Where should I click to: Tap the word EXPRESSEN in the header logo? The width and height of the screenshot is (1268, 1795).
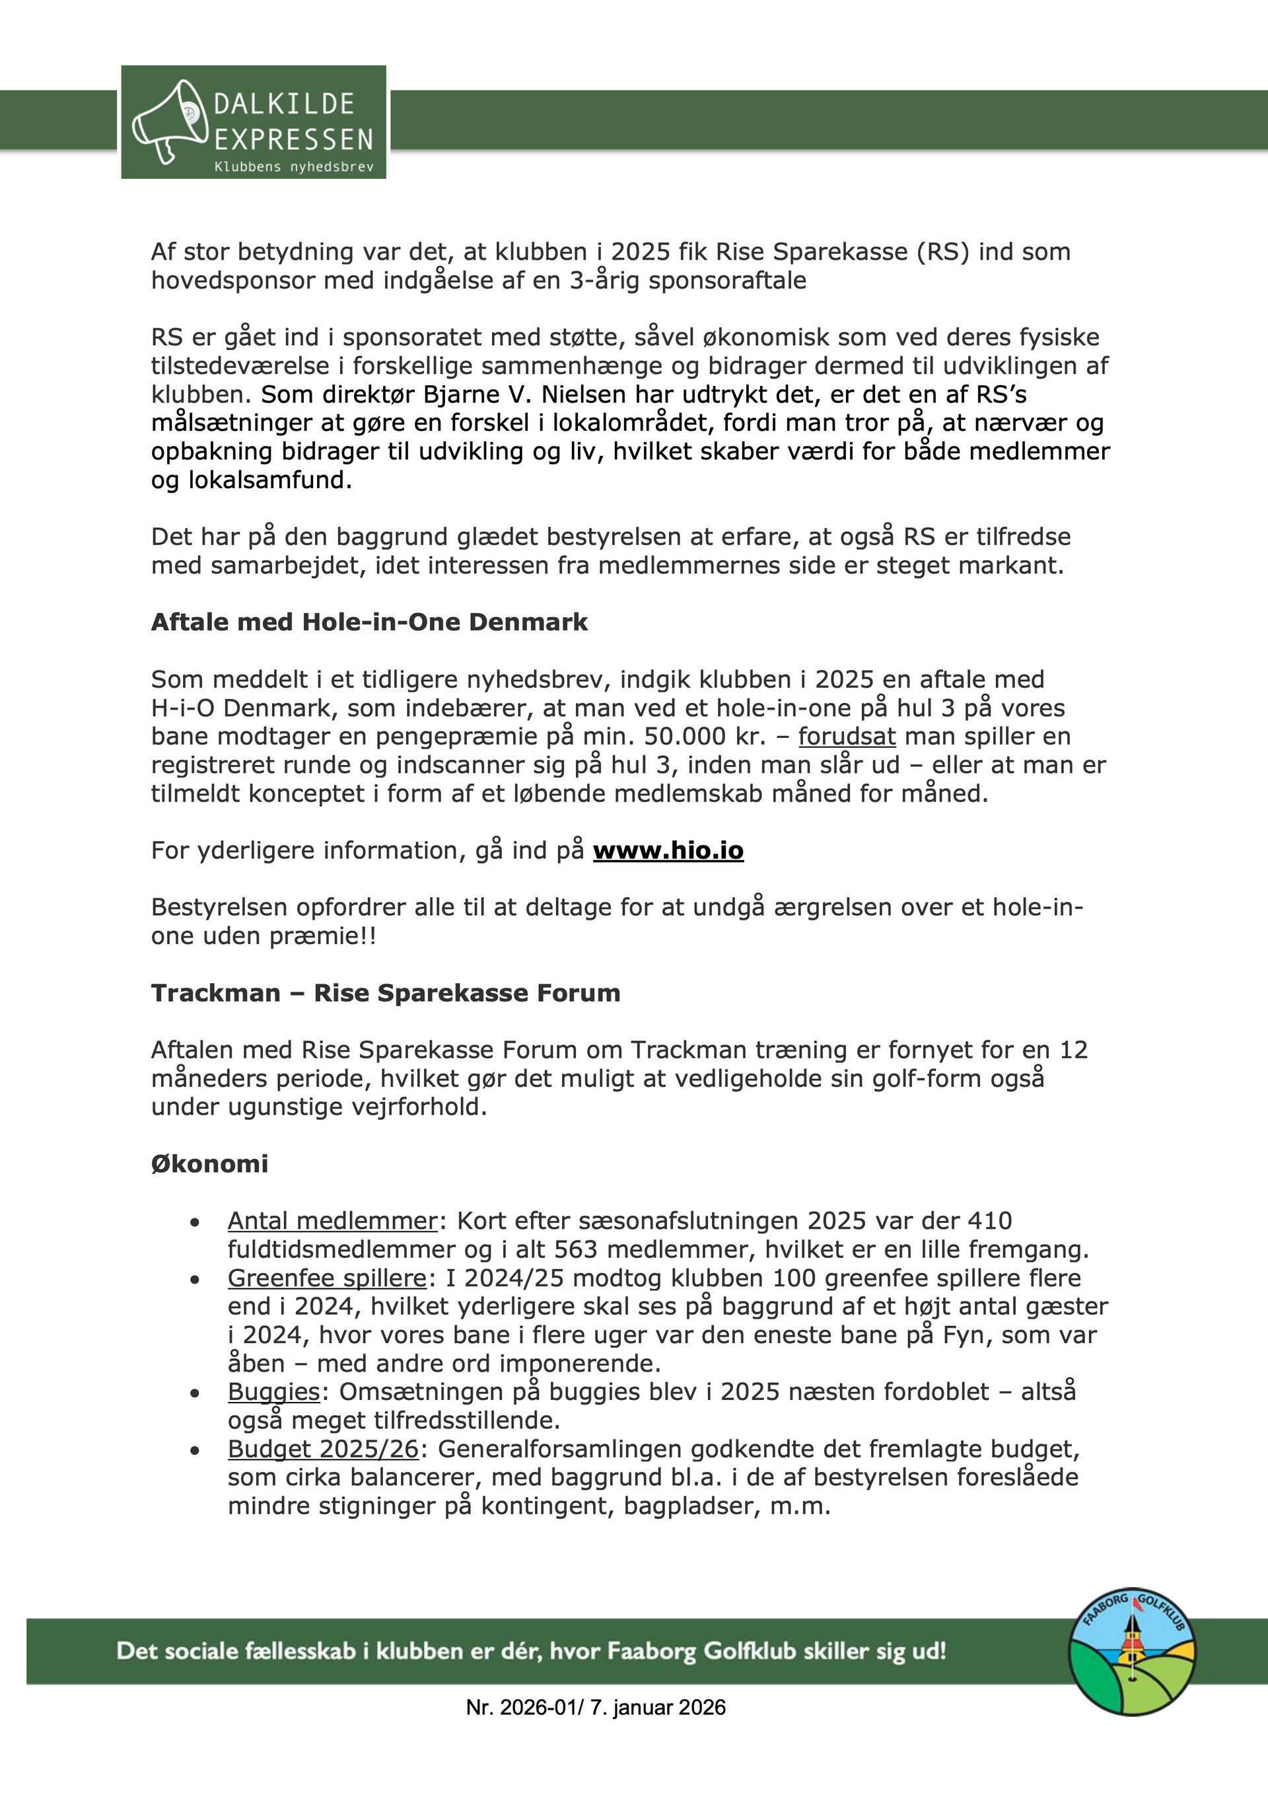[294, 140]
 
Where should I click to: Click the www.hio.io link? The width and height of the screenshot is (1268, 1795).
[668, 850]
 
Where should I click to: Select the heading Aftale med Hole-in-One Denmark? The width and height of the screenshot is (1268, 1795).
[369, 622]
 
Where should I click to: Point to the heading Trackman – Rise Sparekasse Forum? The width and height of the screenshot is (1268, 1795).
[386, 993]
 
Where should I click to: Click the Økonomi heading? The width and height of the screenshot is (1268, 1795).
[209, 1164]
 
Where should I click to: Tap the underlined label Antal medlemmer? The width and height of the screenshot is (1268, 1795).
[332, 1221]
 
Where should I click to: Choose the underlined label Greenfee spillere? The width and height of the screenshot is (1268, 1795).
[327, 1278]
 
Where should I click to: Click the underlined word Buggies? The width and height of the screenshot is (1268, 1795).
[273, 1393]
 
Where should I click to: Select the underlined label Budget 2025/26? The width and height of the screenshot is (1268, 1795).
[324, 1449]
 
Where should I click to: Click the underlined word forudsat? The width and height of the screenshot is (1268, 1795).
[847, 737]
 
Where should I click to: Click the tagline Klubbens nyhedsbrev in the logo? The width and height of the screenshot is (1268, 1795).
[294, 167]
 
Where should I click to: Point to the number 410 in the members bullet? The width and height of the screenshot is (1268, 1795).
[990, 1221]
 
